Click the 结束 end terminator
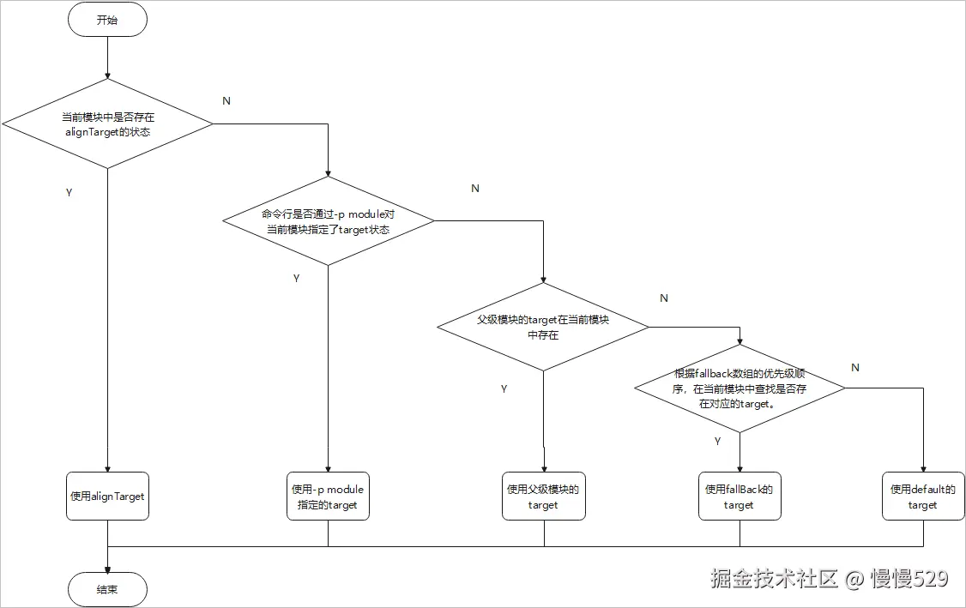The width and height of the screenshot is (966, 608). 107,590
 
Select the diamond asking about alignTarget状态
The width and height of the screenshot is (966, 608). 107,124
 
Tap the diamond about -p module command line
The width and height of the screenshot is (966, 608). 329,221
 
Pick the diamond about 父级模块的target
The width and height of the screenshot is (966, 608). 543,327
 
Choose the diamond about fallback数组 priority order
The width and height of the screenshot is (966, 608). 740,388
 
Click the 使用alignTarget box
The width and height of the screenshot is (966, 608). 107,497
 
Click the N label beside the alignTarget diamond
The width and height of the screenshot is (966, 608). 226,101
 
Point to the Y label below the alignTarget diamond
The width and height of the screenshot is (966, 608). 69,192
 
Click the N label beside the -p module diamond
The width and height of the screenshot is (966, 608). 475,189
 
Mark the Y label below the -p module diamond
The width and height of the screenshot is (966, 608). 296,279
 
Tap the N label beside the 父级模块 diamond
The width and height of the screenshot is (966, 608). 663,298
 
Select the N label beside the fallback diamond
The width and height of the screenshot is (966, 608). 854,368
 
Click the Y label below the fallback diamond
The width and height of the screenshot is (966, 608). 717,441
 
